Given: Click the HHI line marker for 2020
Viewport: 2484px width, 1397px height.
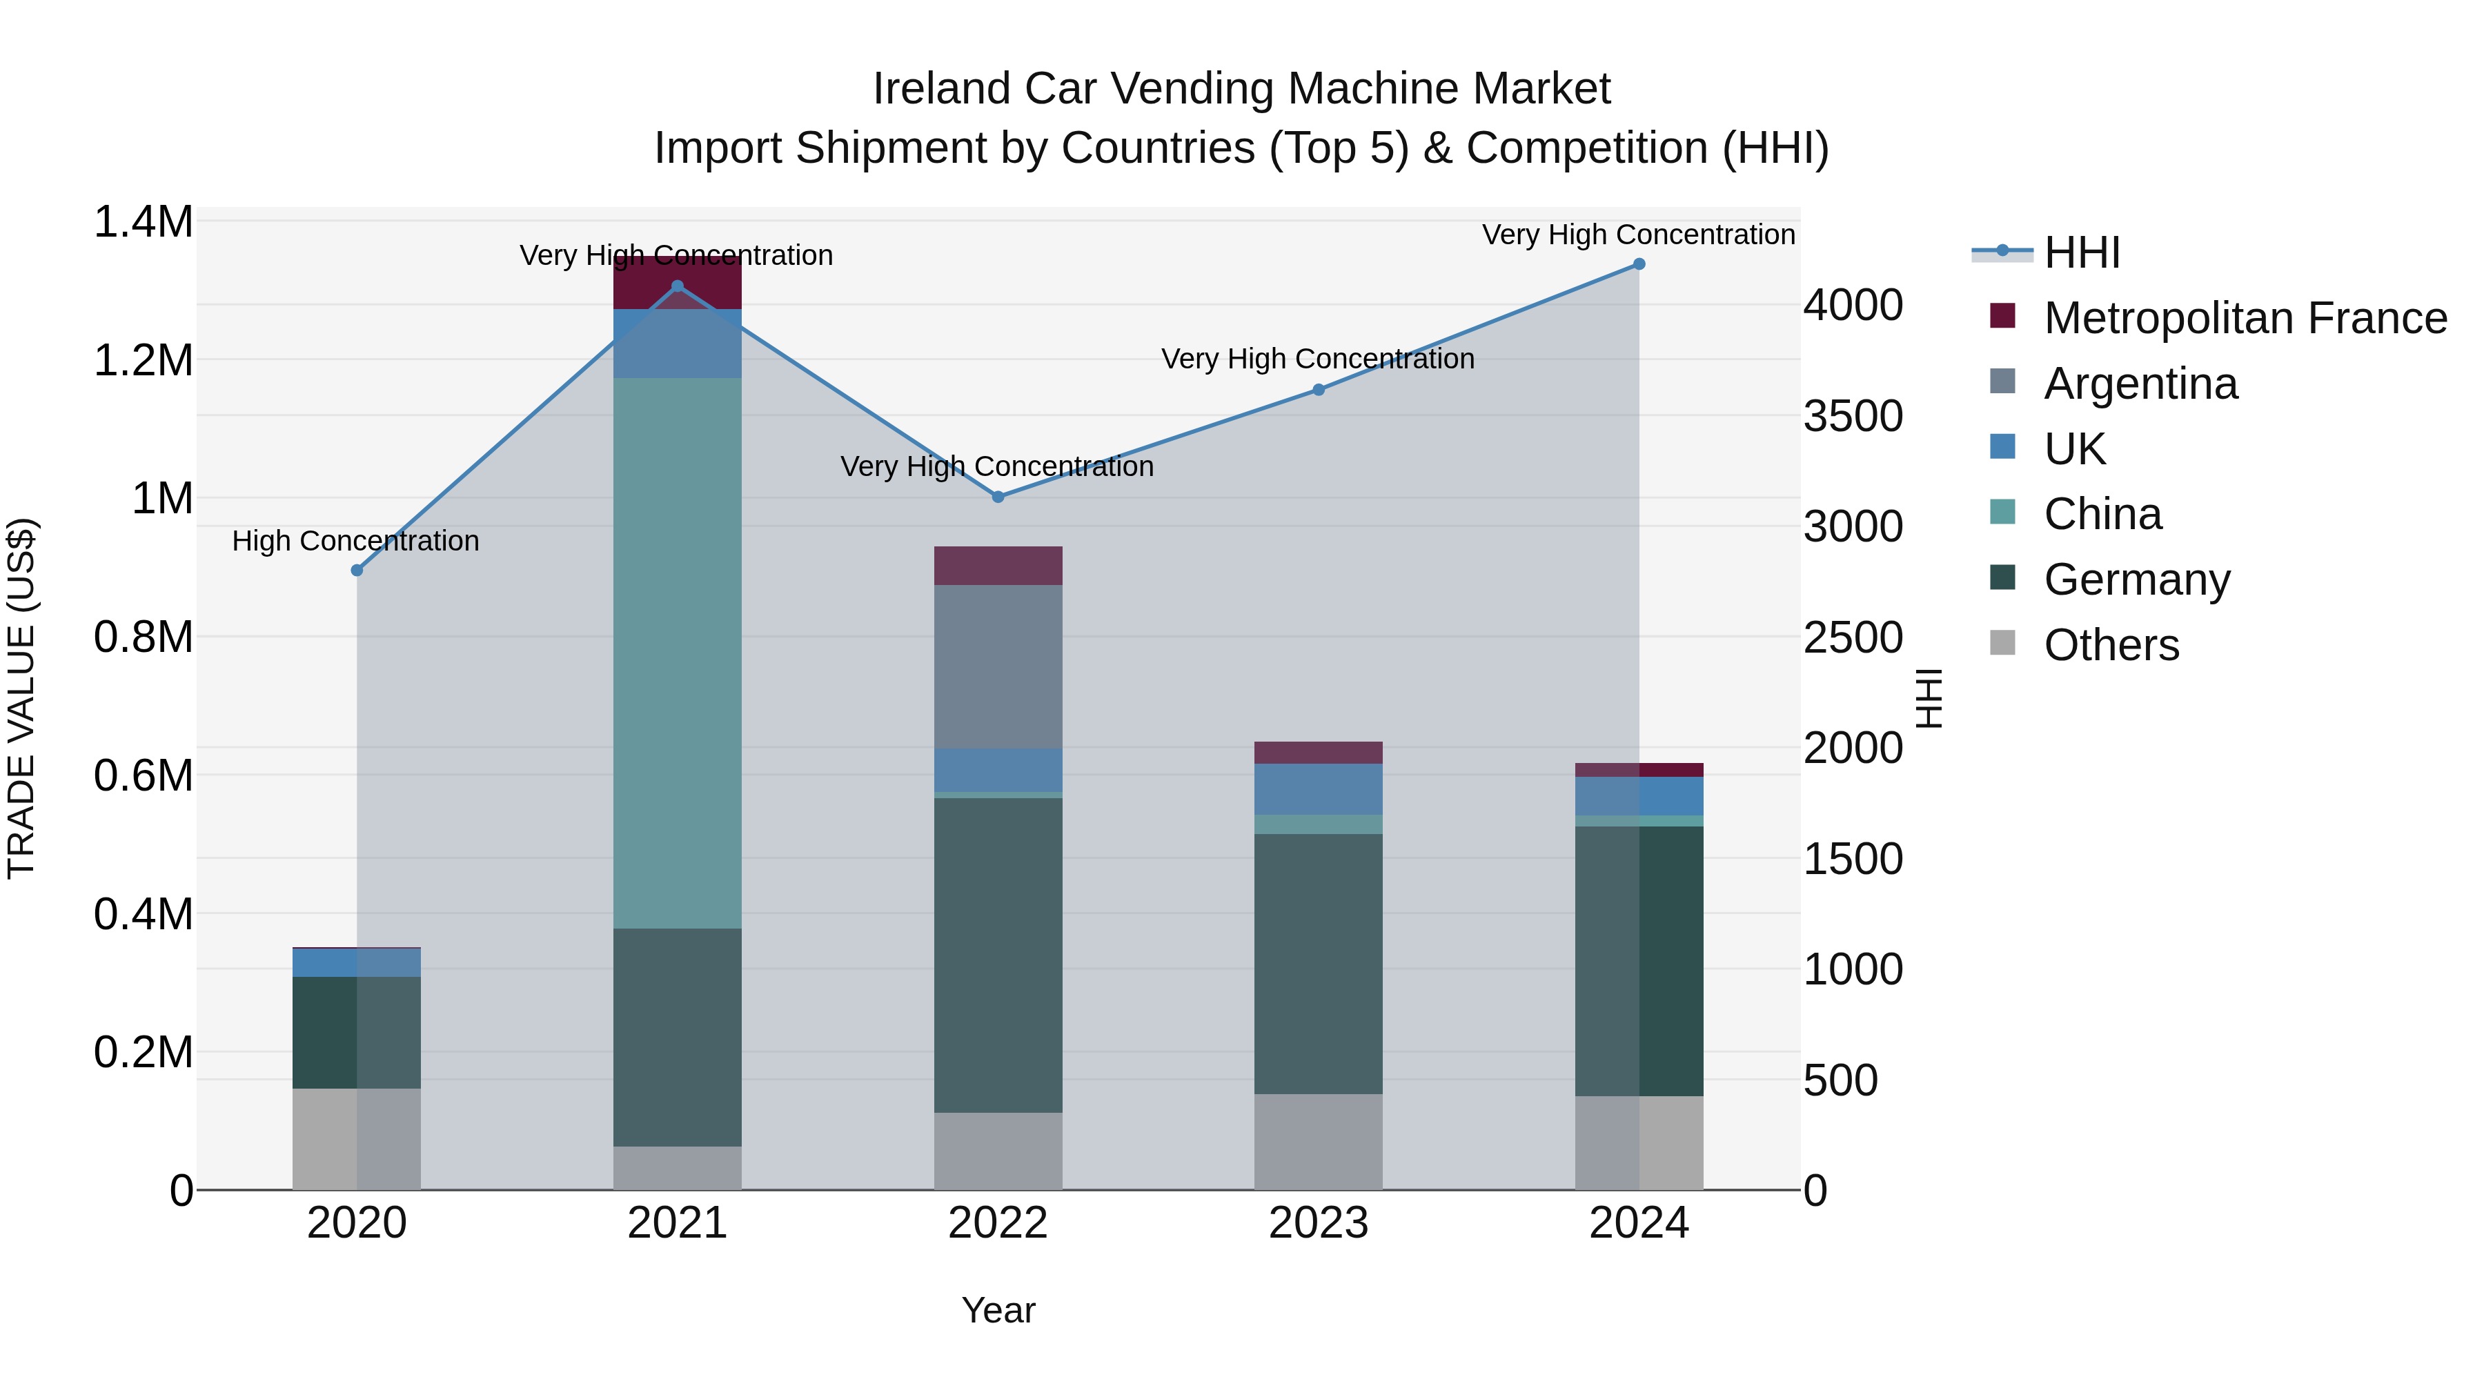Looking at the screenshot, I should (x=357, y=570).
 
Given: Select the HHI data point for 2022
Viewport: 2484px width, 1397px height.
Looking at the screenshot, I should (x=998, y=497).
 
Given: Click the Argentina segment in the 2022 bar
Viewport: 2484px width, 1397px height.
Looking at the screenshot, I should (x=998, y=666).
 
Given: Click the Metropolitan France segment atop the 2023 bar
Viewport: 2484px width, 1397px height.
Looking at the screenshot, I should (x=1318, y=752).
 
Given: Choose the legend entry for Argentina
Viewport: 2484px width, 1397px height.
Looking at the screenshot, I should (x=2140, y=384).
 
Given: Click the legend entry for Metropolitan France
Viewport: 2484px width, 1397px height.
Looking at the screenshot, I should (x=2244, y=318).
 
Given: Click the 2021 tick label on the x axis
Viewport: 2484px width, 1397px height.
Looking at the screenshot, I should (x=677, y=1223).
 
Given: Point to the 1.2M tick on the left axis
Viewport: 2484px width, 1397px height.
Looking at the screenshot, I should (x=144, y=361).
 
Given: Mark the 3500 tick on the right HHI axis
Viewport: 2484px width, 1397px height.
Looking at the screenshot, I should (x=1853, y=417).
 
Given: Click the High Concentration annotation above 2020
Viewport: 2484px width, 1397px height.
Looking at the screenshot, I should (x=356, y=541).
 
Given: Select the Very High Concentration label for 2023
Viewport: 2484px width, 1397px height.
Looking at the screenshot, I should (x=1317, y=359).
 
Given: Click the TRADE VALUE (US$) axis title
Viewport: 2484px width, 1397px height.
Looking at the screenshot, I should (x=21, y=698).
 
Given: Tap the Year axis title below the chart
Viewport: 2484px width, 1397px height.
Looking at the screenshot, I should (x=998, y=1310).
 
